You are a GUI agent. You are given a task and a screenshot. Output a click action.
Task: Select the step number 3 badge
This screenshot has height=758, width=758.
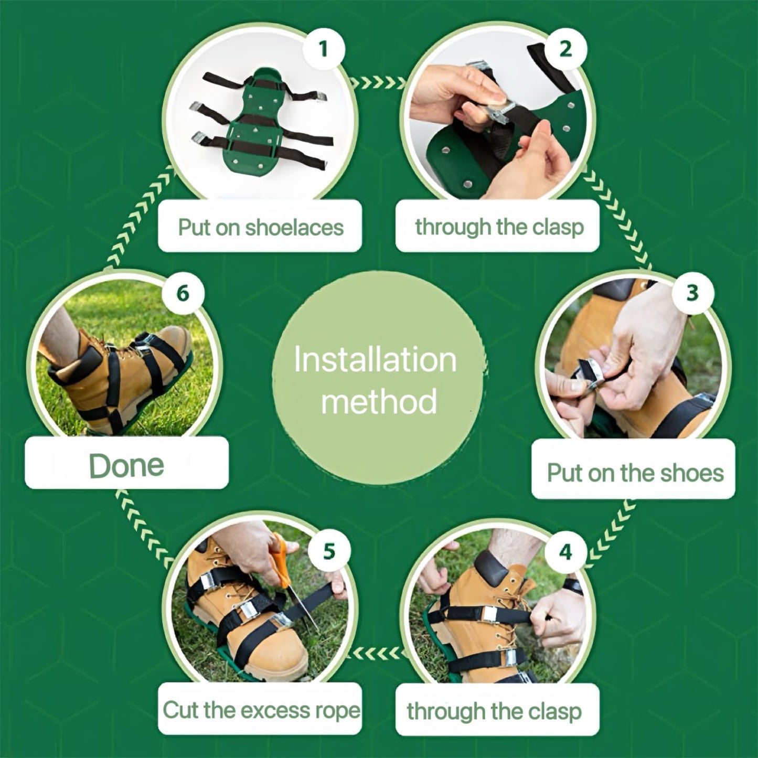tap(693, 293)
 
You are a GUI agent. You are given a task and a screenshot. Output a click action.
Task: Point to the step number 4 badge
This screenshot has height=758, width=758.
tap(565, 551)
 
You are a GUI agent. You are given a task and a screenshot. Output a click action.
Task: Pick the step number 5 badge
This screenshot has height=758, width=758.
tap(329, 551)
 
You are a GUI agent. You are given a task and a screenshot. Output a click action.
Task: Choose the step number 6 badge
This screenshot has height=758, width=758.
tap(183, 293)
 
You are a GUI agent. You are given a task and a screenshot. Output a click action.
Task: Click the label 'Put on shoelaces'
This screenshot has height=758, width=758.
tap(260, 227)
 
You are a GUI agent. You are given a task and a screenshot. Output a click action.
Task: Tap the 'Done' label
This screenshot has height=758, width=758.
tap(126, 465)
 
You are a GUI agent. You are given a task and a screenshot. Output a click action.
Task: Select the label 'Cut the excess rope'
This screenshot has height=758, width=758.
tap(261, 710)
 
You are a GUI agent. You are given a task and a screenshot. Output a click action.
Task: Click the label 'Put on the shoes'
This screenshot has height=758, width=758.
tap(634, 473)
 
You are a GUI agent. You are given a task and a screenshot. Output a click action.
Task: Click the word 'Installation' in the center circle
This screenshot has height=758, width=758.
tap(375, 360)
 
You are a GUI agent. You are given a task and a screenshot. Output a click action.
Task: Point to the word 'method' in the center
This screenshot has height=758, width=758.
tap(379, 401)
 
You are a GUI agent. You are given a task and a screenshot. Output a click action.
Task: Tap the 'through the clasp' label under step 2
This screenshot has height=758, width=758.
tap(498, 227)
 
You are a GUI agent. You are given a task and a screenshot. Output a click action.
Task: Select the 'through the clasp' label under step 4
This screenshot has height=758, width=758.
tap(494, 711)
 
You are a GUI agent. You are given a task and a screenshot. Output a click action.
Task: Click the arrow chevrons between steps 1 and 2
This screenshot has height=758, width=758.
tap(378, 82)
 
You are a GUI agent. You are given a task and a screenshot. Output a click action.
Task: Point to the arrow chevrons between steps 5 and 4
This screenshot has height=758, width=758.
tap(377, 653)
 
